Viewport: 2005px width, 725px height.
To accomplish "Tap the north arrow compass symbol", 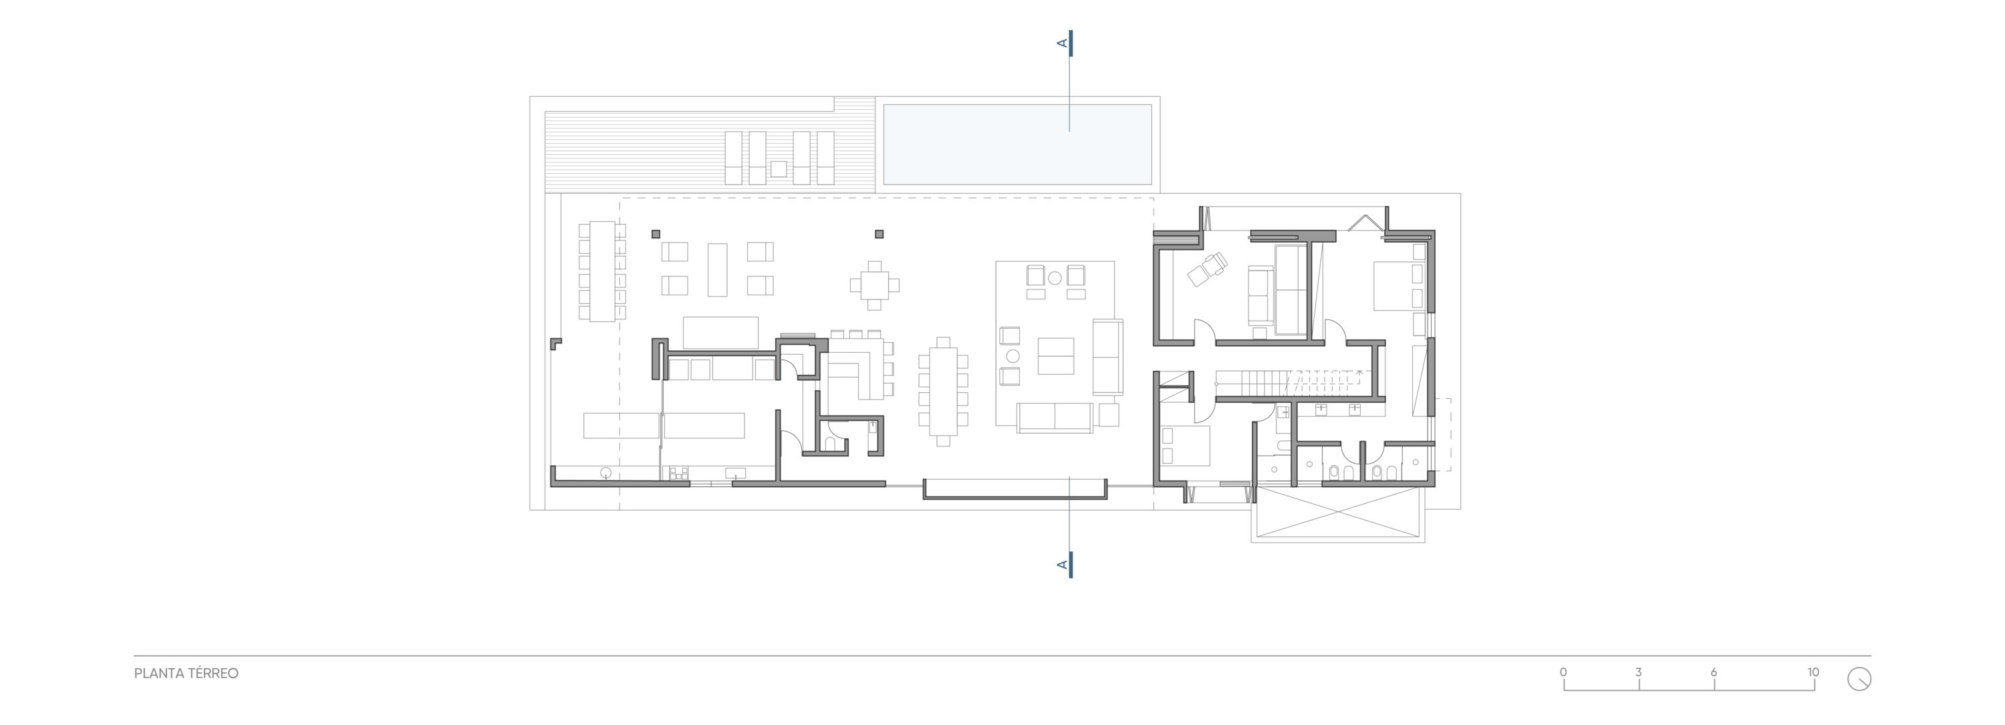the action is [1859, 679].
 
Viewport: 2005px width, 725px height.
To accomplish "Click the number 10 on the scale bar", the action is [1813, 672].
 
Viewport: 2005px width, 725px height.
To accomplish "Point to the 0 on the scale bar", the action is [1563, 672].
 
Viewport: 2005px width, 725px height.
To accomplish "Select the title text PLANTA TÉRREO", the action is [186, 674].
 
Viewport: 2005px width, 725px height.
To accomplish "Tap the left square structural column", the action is [656, 233].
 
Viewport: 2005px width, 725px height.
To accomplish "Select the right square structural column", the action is [880, 233].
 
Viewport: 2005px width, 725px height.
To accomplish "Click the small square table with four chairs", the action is [875, 285].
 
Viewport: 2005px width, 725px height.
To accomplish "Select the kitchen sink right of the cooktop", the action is [190, 472].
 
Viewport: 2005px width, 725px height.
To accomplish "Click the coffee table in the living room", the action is [1055, 356].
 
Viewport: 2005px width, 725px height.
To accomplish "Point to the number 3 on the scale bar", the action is [1638, 672].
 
